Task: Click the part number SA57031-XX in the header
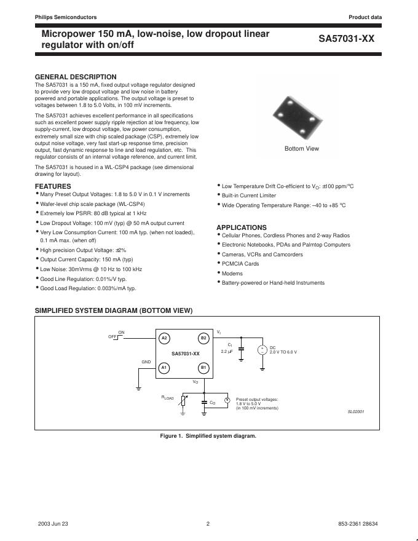pos(346,38)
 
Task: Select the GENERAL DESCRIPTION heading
pos(76,77)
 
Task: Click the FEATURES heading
pos(53,186)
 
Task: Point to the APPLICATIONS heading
pos(242,227)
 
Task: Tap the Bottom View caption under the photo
pos(302,149)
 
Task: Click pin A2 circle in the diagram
pos(164,338)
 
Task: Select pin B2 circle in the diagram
pos(203,338)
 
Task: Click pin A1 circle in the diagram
pos(164,368)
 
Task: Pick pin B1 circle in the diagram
pos(203,368)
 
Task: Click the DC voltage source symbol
pos(262,350)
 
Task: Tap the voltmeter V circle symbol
pos(227,400)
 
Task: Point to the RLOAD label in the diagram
pos(168,398)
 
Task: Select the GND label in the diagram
pos(146,362)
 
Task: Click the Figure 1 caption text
pos(208,436)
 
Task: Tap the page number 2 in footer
pos(208,524)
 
